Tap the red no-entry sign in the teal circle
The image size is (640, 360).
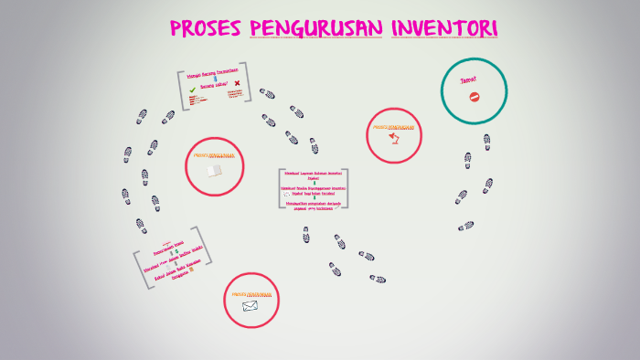pos(474,95)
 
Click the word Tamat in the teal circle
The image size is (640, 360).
pos(468,79)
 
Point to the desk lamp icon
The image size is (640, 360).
pos(395,138)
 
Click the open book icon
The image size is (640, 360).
pos(214,170)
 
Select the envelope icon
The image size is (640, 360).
pos(251,307)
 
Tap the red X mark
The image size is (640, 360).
pos(237,84)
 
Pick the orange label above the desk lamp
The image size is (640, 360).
pos(395,127)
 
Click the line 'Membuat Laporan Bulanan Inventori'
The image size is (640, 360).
pos(313,173)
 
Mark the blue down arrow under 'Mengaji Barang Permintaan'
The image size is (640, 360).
pos(215,79)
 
